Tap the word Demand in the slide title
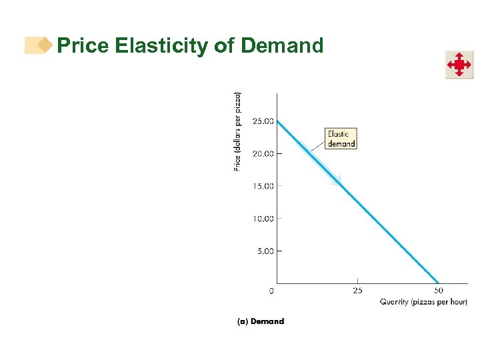click(282, 45)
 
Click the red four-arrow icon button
click(459, 65)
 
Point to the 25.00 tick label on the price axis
click(263, 121)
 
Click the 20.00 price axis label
click(263, 153)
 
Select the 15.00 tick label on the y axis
click(263, 186)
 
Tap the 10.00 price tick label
click(263, 219)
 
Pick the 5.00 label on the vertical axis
click(265, 251)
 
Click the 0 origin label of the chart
click(271, 291)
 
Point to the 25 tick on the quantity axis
click(357, 291)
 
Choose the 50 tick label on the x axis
click(438, 291)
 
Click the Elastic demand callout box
click(341, 139)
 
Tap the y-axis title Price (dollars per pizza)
click(238, 131)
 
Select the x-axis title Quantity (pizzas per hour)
click(423, 302)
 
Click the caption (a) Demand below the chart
click(261, 321)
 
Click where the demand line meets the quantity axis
click(438, 283)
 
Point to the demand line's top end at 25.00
click(277, 121)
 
